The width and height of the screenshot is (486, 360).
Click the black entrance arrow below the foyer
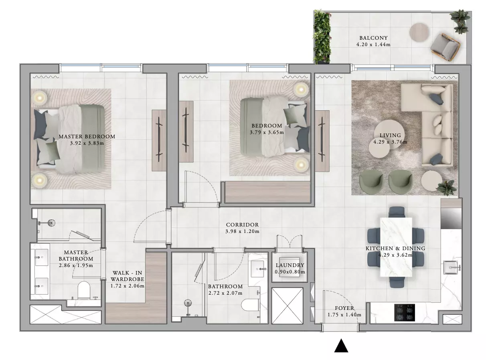click(x=341, y=346)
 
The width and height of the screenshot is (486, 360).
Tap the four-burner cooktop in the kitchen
click(x=404, y=312)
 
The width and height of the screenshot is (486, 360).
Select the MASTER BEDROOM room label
click(x=87, y=137)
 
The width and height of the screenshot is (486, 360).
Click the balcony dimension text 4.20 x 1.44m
click(x=373, y=44)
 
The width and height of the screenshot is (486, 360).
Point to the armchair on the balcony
click(x=445, y=47)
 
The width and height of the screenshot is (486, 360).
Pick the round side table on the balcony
click(x=419, y=32)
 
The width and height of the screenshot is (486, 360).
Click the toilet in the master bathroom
click(x=84, y=290)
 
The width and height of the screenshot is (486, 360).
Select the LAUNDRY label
click(x=290, y=265)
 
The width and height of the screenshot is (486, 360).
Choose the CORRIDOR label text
click(x=242, y=224)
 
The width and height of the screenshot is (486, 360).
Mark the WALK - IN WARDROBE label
click(x=127, y=276)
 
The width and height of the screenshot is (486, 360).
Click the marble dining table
click(x=396, y=247)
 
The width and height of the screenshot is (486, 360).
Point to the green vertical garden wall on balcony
click(x=322, y=37)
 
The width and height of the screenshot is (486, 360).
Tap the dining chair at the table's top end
click(x=397, y=212)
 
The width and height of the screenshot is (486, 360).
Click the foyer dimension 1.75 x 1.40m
click(x=344, y=315)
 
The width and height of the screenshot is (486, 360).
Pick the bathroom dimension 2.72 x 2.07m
click(x=225, y=293)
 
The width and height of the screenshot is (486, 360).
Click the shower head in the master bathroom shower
click(x=51, y=223)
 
